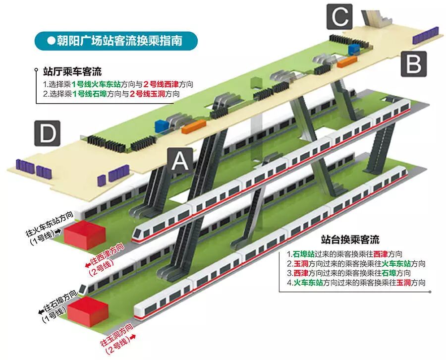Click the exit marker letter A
179,161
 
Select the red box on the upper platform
83,235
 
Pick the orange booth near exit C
347,61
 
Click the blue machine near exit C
354,49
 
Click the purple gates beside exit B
424,36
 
